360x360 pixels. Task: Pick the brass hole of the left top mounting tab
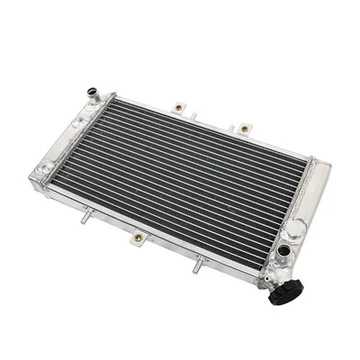tap(178, 108)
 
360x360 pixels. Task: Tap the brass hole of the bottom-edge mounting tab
tap(138, 238)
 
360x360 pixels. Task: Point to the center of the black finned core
tap(189, 180)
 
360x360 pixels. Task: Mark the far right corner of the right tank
tap(329, 166)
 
